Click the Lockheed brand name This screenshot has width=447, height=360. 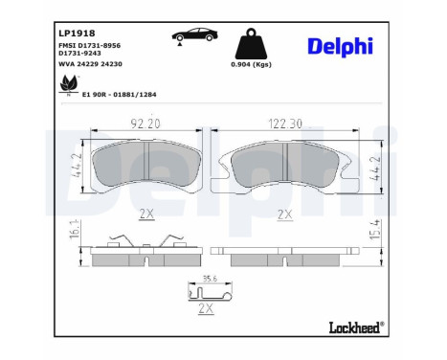click(353, 328)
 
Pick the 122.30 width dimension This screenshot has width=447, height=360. click(284, 124)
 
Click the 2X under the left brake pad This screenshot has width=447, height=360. click(145, 214)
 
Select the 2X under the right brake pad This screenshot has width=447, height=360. click(284, 214)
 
